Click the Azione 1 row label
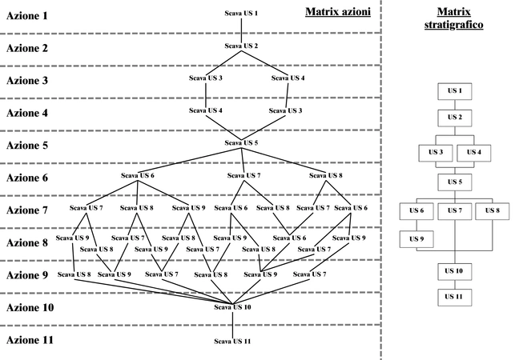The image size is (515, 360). pos(27,15)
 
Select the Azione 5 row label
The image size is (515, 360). pos(27,146)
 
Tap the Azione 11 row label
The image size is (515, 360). pos(30,340)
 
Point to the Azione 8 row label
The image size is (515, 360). pos(27,242)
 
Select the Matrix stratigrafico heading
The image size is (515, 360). pos(454,18)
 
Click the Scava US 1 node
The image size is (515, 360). pos(241,14)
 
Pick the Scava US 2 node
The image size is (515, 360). pos(241,46)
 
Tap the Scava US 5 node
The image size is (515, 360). pos(241,143)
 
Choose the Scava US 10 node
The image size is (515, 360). pos(233,307)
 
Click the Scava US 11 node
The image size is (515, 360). pos(233,342)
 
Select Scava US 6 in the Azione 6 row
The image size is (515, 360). pos(138,175)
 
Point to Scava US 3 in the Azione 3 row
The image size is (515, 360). pos(207,78)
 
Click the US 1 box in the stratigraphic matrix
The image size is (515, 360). pos(455,91)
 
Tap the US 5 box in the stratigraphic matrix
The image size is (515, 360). pos(455,182)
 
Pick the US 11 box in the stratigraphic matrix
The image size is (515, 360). pos(455,297)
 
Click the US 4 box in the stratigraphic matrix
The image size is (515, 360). pos(473,151)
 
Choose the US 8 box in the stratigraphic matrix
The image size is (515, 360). pos(492,211)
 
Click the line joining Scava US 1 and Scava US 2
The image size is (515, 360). pos(241,30)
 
